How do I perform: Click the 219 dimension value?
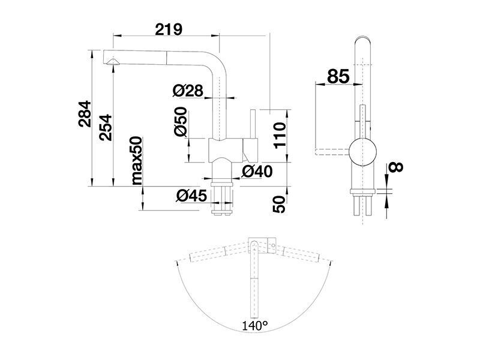169,29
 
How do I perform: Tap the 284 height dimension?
85,113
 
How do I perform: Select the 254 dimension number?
106,127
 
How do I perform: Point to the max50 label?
137,161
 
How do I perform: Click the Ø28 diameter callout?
188,91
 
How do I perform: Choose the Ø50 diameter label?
181,121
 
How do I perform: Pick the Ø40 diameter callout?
257,172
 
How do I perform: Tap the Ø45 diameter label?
191,196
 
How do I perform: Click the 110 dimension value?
280,136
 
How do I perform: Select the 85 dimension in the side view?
338,76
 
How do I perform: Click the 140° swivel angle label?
255,326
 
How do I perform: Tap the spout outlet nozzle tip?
113,62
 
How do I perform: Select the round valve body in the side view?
363,152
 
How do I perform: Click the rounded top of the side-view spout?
363,40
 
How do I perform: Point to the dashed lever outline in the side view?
332,152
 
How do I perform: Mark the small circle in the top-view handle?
272,245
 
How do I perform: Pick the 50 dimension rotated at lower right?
280,204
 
